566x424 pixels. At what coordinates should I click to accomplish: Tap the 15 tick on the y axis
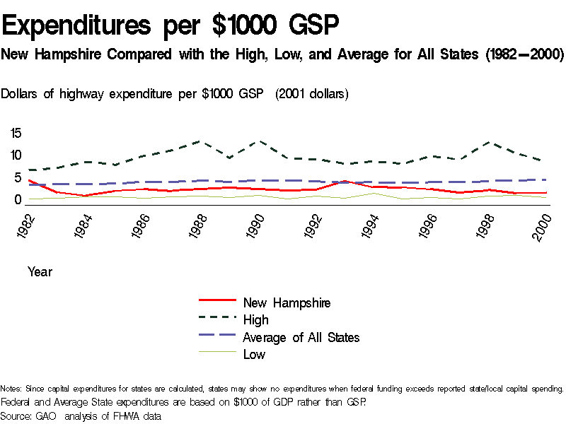click(x=16, y=133)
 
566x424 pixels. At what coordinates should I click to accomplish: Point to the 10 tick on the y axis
click(x=16, y=155)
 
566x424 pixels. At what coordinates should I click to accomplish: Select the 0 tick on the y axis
click(x=20, y=200)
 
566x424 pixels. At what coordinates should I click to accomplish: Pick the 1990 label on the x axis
click(x=255, y=225)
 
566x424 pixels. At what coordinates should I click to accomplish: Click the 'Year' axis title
click(x=40, y=271)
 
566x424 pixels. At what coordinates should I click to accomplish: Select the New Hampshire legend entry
click(x=287, y=302)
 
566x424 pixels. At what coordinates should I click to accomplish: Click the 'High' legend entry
click(x=255, y=320)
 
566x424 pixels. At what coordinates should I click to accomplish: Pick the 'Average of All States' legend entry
click(x=301, y=337)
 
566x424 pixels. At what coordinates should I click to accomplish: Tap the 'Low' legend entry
click(x=254, y=354)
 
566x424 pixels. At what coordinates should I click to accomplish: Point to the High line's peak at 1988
click(x=198, y=141)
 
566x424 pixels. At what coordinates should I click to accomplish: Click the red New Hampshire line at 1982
click(x=28, y=180)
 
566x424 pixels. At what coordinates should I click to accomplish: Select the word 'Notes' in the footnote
click(x=11, y=389)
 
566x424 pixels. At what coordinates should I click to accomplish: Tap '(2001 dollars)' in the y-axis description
click(x=312, y=94)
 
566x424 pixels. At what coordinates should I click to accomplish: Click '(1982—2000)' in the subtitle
click(x=524, y=54)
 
